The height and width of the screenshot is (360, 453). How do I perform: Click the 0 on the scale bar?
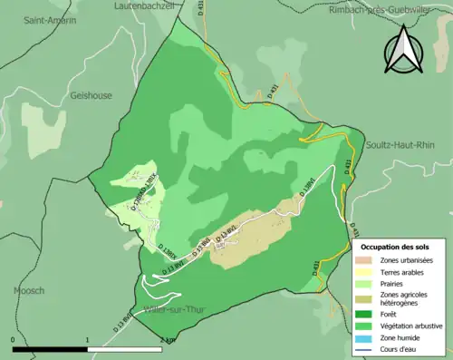click(13, 340)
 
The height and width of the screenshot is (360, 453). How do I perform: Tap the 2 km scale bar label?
click(166, 340)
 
